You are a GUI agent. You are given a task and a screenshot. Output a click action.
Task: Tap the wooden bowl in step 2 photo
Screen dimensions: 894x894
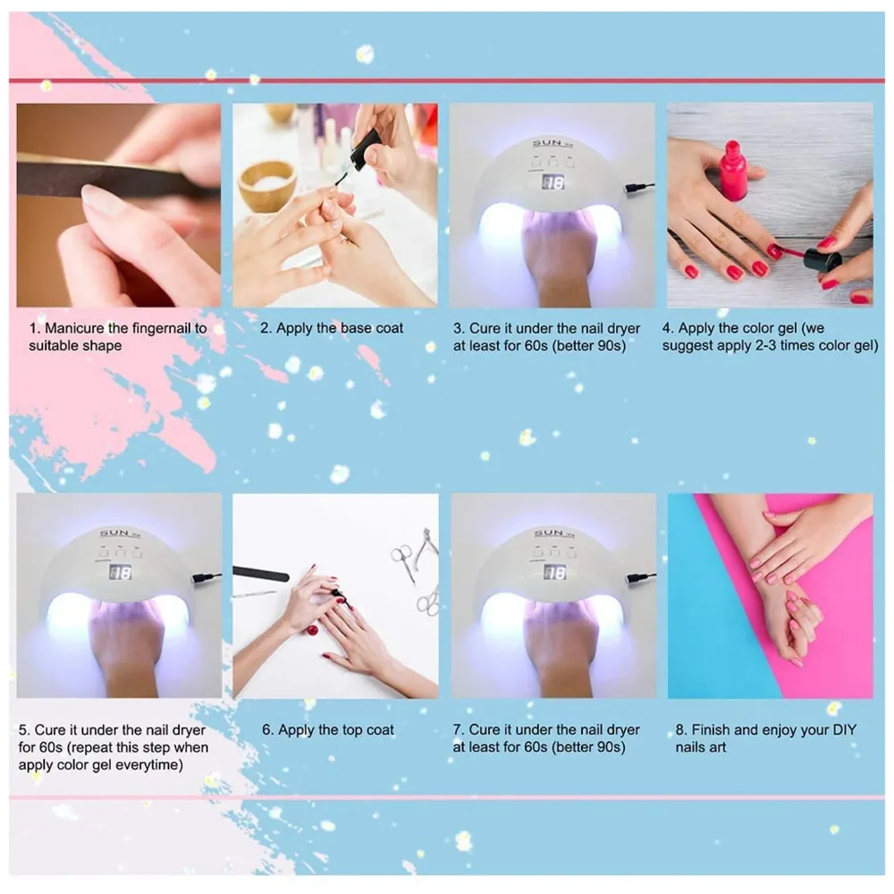point(266,183)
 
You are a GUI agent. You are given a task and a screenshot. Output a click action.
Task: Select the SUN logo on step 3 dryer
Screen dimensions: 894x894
point(547,143)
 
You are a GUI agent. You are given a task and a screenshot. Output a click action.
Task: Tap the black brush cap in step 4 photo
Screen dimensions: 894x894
point(822,260)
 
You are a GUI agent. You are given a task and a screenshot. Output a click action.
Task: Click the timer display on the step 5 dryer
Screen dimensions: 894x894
point(119,572)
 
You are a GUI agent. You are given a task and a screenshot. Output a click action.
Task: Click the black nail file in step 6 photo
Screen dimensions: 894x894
point(260,573)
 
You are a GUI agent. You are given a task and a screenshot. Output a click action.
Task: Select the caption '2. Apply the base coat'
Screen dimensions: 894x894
point(332,328)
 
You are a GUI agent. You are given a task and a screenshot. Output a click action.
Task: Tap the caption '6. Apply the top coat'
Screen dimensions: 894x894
point(328,730)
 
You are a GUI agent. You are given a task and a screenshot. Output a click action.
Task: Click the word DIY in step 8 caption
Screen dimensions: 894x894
point(843,730)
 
